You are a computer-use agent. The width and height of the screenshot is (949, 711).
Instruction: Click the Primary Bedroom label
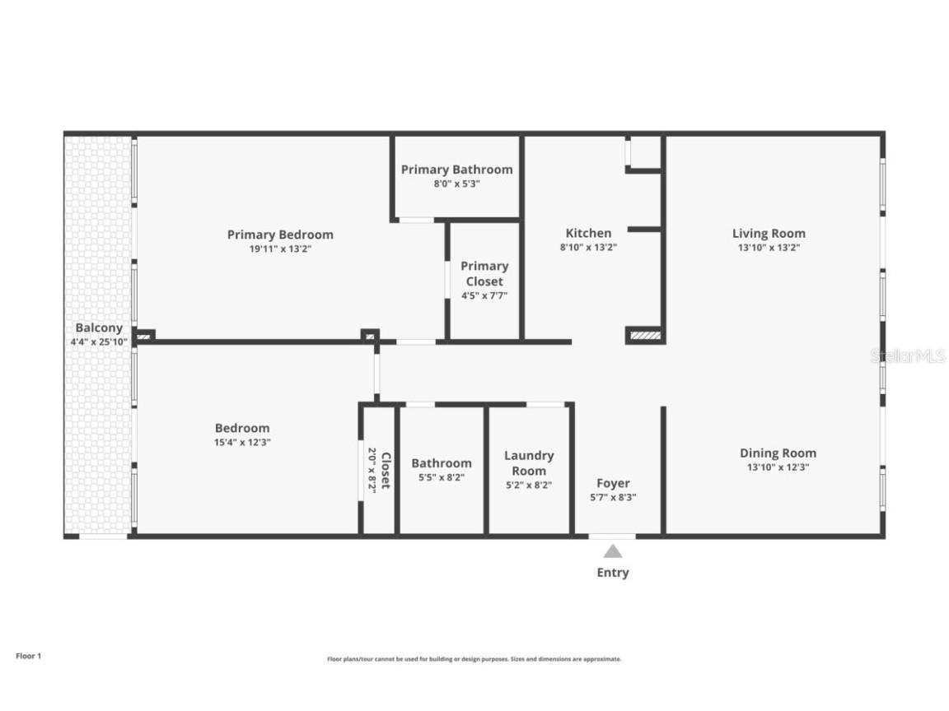point(280,235)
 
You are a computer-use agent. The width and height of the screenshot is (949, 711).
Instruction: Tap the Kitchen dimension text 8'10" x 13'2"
point(588,247)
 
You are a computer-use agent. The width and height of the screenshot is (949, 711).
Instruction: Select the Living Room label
point(769,233)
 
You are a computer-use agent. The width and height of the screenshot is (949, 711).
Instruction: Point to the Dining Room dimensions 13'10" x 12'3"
point(778,467)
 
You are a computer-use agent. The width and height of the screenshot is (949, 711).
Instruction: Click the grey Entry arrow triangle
point(612,551)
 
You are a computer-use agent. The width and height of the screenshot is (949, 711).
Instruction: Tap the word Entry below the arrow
point(612,573)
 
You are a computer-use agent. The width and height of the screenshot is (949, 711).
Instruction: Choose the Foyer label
point(613,483)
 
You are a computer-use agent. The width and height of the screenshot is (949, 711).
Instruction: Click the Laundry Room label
point(529,462)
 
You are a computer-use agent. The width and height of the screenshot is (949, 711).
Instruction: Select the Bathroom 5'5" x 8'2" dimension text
point(442,477)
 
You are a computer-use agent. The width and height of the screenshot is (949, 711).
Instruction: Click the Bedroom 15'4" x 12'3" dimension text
point(242,442)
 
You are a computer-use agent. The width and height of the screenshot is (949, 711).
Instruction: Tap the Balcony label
point(99,328)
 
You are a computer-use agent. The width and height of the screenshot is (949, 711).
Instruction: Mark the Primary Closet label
point(484,273)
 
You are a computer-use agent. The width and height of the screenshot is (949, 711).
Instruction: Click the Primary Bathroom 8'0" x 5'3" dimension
point(456,184)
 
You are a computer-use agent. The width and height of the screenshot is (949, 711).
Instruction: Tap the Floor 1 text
point(28,656)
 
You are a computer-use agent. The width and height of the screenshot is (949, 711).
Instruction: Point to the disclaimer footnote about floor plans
point(474,659)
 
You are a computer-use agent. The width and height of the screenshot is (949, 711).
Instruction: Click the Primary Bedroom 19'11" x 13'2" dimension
point(280,249)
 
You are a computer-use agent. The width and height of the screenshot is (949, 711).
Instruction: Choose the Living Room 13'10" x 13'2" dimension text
point(769,247)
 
